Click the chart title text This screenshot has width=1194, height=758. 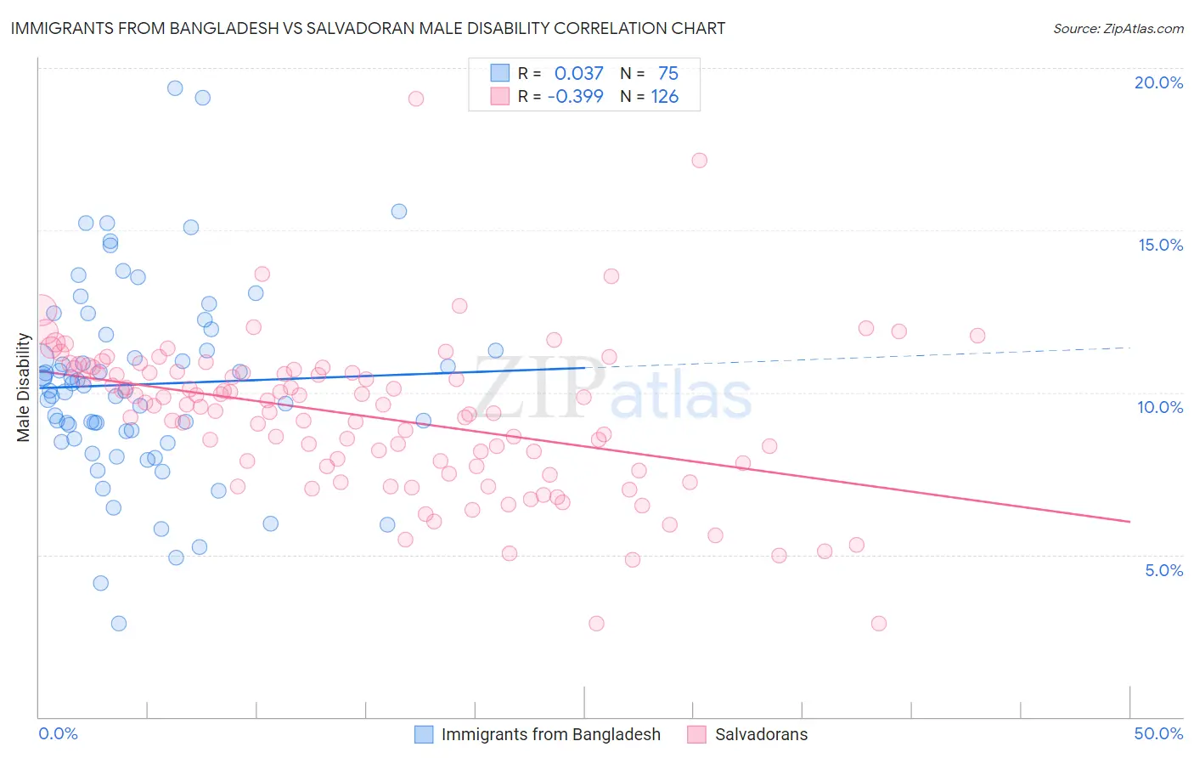(x=368, y=28)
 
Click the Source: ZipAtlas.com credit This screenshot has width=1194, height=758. (x=1118, y=28)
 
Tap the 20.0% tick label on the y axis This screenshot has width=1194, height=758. (x=1158, y=82)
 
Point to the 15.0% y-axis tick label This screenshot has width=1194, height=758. (x=1160, y=245)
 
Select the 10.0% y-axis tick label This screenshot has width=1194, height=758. (x=1160, y=407)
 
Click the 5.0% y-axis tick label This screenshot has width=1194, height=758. (x=1163, y=570)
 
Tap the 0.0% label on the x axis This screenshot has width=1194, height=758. (x=58, y=733)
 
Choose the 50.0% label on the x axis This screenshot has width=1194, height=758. (x=1158, y=733)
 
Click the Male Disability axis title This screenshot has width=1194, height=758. (x=24, y=387)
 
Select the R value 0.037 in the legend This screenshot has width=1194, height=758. (x=578, y=73)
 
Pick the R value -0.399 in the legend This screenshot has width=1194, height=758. (x=575, y=96)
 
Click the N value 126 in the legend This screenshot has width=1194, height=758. (x=664, y=96)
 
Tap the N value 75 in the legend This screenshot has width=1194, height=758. (x=667, y=73)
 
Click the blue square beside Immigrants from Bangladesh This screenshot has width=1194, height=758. (x=424, y=734)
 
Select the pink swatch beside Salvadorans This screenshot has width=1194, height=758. (x=697, y=734)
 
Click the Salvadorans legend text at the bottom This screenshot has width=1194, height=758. (x=761, y=734)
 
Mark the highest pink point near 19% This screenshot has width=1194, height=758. (x=415, y=99)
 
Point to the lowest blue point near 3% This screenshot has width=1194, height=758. (x=119, y=624)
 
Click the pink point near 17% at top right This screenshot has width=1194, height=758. (x=699, y=160)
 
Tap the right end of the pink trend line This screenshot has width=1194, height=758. (x=1129, y=521)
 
